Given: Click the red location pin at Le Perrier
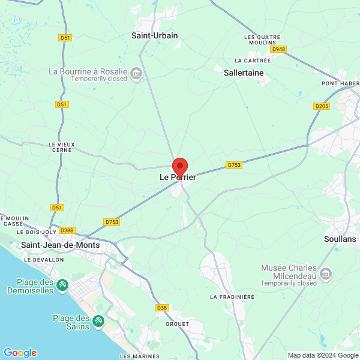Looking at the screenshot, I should pyautogui.click(x=180, y=166).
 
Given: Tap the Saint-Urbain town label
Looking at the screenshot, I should pyautogui.click(x=155, y=35).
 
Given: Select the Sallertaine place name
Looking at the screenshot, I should pyautogui.click(x=244, y=73).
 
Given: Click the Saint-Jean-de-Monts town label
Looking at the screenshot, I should pyautogui.click(x=60, y=245).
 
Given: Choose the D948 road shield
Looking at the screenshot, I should pyautogui.click(x=278, y=49).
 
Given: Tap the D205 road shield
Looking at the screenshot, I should pyautogui.click(x=322, y=106).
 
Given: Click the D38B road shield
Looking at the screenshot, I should pyautogui.click(x=67, y=230).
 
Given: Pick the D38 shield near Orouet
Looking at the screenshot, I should pyautogui.click(x=162, y=308).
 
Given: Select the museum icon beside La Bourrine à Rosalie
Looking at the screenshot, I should pyautogui.click(x=136, y=74).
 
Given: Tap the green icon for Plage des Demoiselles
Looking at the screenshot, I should pyautogui.click(x=63, y=286).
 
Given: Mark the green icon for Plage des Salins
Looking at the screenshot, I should pyautogui.click(x=98, y=322).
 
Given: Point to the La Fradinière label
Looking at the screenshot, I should pyautogui.click(x=233, y=297).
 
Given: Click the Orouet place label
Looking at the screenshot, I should pyautogui.click(x=177, y=323).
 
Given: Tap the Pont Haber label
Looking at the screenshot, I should pyautogui.click(x=340, y=83).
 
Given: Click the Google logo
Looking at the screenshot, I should pyautogui.click(x=20, y=353).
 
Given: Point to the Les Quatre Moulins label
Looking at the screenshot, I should pyautogui.click(x=259, y=40).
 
